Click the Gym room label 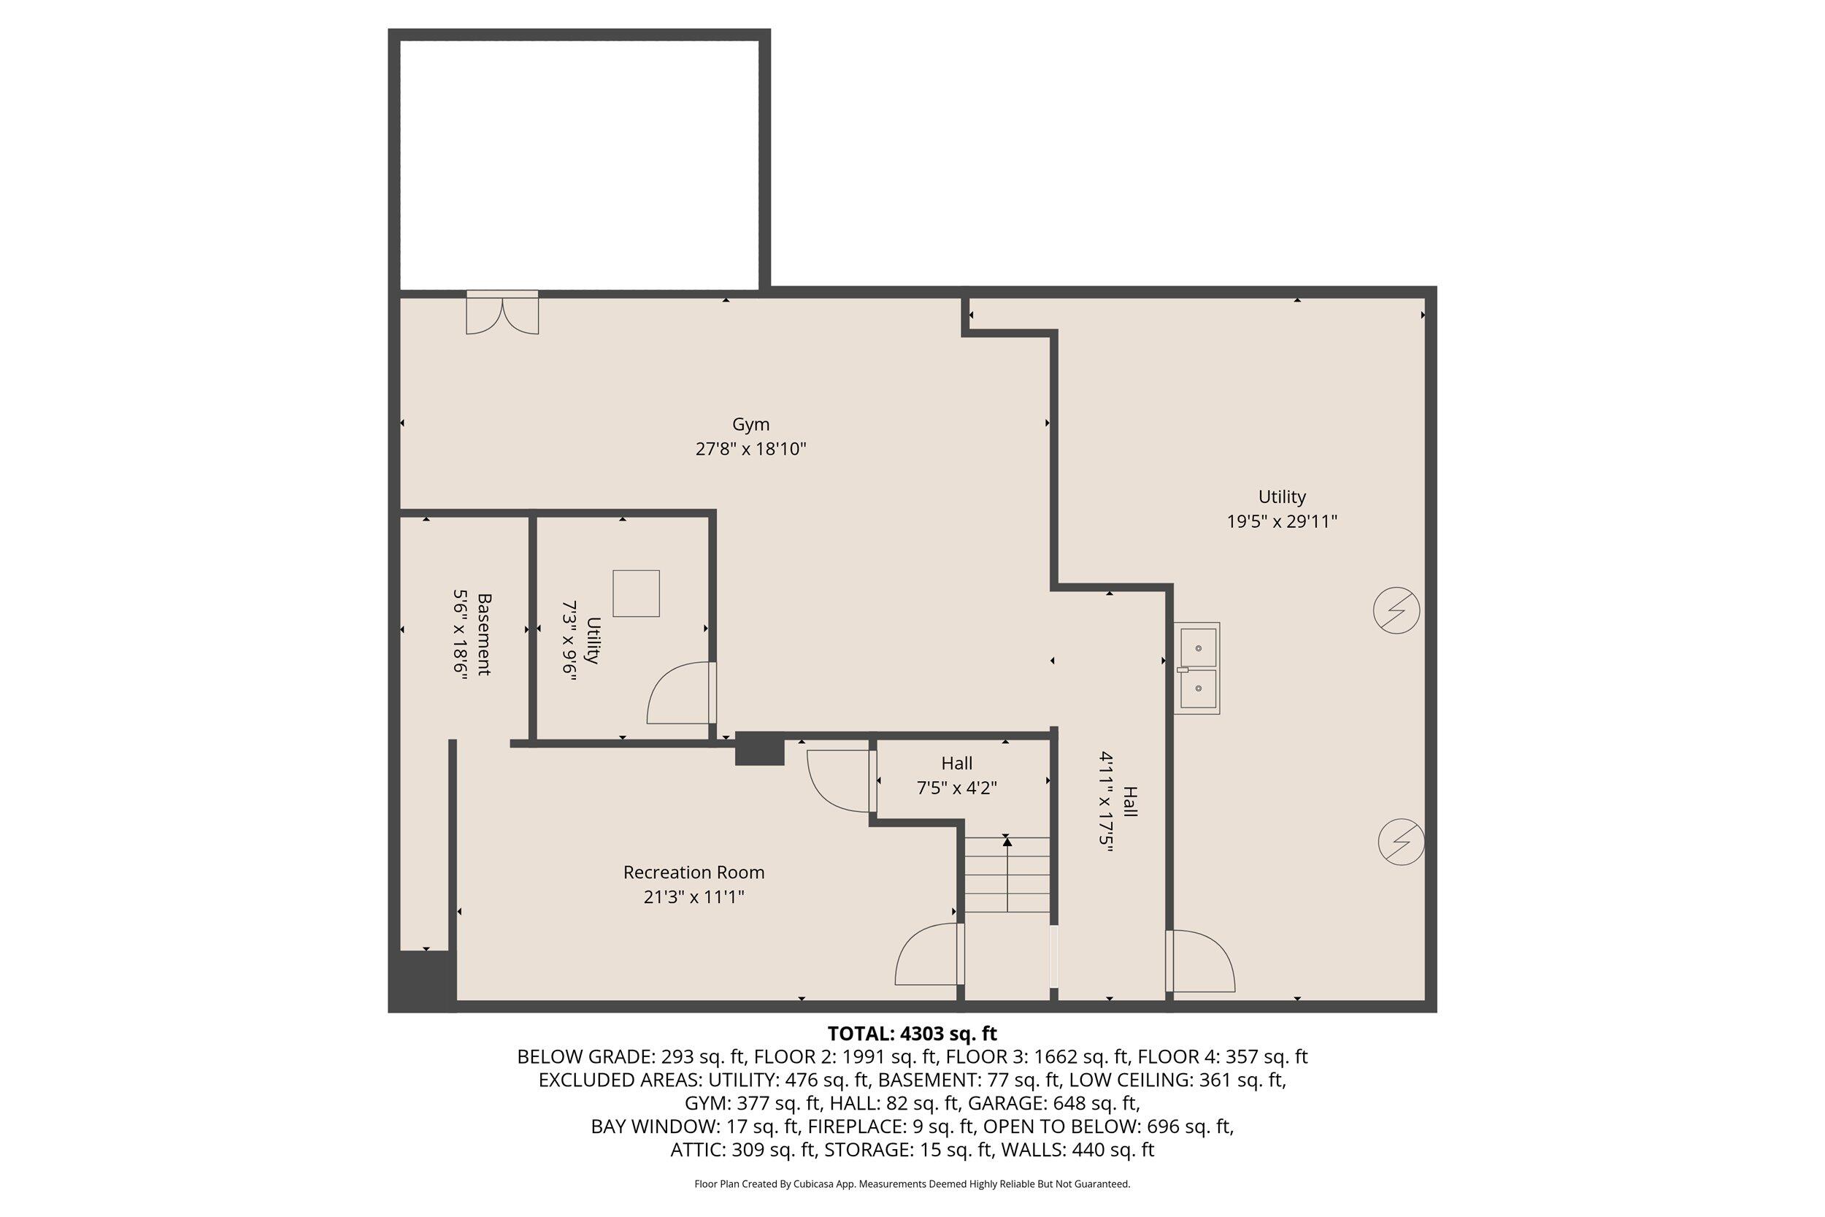[x=750, y=425]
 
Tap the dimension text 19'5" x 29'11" [x=1281, y=521]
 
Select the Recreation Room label [x=693, y=872]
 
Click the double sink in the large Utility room [x=1196, y=668]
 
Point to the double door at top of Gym [x=502, y=314]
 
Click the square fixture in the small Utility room [x=636, y=593]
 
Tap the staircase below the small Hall [x=1007, y=875]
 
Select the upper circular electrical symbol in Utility [x=1396, y=611]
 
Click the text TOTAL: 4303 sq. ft [x=912, y=1034]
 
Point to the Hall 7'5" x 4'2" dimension [x=956, y=788]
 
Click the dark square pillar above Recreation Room [x=759, y=749]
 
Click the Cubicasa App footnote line [x=912, y=1184]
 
